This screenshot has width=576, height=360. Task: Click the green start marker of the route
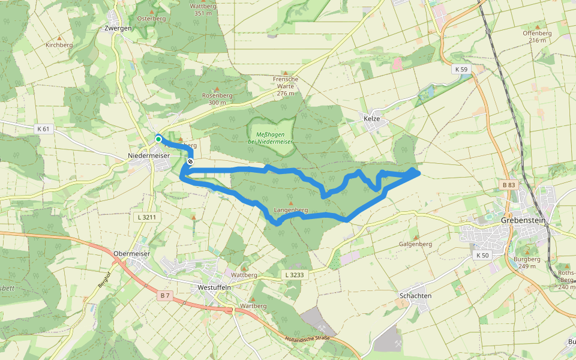point(158,139)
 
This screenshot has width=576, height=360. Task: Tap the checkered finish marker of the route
point(190,161)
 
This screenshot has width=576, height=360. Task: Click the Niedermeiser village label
point(149,156)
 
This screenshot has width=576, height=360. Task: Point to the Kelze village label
point(372,119)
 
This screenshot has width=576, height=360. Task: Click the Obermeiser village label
point(131,254)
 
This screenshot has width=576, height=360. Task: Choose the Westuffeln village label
point(214,287)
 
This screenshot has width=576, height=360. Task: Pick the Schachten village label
point(415,296)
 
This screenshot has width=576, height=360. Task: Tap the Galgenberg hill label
point(415,244)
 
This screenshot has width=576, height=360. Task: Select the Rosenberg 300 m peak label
point(217,99)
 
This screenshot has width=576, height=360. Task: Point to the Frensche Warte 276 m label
point(285,86)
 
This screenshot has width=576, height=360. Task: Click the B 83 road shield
point(508,184)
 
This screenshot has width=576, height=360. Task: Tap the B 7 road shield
point(166,296)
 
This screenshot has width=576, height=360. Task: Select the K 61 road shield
point(43,129)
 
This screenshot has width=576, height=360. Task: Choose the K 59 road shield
point(461,70)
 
